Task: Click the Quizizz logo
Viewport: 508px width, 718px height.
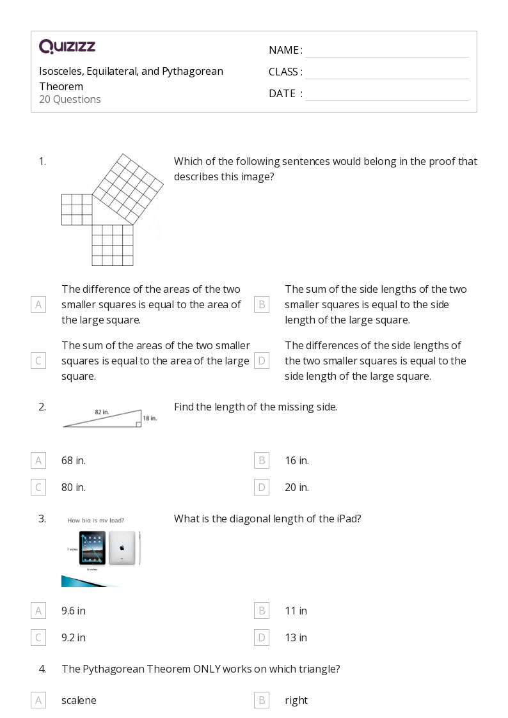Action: point(67,47)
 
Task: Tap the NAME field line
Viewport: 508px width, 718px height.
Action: point(386,51)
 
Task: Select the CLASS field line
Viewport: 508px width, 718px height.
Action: point(386,73)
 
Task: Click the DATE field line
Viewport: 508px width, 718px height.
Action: point(386,95)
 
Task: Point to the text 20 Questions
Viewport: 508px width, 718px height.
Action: point(70,99)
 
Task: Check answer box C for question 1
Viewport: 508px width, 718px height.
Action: point(38,361)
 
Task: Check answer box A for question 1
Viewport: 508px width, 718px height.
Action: point(38,304)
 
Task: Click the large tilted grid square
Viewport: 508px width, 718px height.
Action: point(128,185)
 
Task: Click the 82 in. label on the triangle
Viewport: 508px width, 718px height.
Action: point(102,412)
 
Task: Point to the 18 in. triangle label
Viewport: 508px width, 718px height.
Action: point(150,418)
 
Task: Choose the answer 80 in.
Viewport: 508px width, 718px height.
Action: point(74,487)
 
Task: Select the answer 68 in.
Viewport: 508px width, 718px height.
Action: point(74,460)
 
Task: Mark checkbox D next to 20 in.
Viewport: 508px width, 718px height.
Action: point(261,487)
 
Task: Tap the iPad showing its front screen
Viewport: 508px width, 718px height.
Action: point(92,548)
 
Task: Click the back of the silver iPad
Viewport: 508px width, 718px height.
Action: point(122,548)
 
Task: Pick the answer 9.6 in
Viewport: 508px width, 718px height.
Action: point(74,611)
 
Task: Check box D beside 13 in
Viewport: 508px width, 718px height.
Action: point(261,637)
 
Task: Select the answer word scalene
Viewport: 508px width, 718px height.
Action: point(79,700)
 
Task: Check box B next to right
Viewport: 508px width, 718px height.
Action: point(261,700)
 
